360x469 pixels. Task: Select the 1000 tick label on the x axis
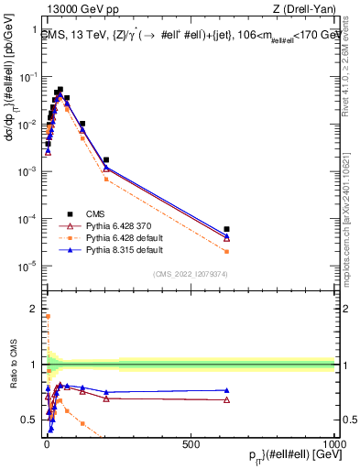pos(334,443)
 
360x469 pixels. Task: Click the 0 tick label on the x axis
pos(46,443)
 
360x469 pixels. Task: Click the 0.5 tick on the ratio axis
pos(33,420)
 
